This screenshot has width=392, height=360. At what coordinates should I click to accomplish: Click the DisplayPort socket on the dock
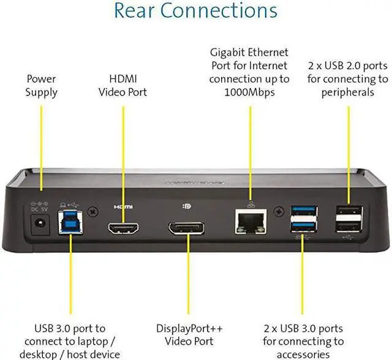[x=187, y=231]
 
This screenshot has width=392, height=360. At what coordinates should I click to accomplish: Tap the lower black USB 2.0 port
[x=347, y=228]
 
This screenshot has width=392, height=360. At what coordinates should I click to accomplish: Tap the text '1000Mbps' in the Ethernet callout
[x=249, y=93]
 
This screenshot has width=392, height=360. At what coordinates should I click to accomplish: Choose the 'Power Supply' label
[x=41, y=86]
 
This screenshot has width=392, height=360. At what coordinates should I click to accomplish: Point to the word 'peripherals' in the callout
[x=347, y=92]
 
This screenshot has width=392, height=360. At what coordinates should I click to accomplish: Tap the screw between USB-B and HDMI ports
[x=92, y=212]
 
